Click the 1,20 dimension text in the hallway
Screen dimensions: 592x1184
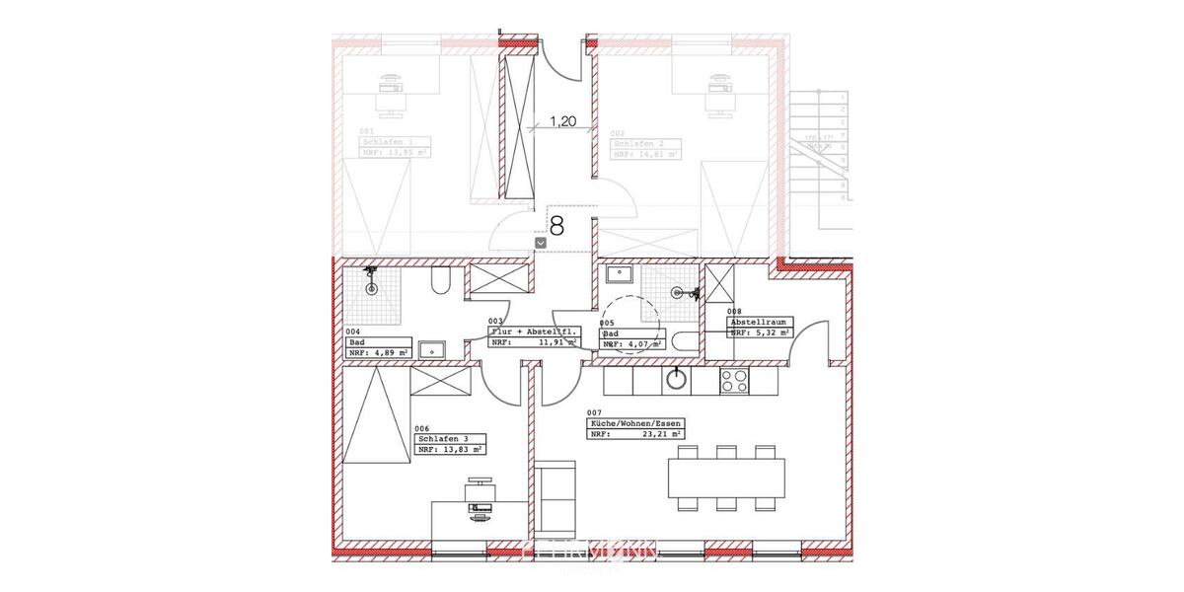tap(562, 123)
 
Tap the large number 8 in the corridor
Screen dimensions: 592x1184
tap(556, 227)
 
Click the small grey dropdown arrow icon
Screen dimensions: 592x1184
tap(540, 242)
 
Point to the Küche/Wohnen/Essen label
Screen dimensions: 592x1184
tap(635, 423)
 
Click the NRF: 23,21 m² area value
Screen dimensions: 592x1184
tap(635, 434)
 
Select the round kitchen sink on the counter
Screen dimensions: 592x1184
tap(678, 378)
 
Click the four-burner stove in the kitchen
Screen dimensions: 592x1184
tap(735, 380)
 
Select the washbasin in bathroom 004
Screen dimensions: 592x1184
tap(432, 348)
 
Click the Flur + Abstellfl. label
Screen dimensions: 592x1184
tap(534, 333)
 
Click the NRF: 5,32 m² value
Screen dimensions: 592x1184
tap(760, 333)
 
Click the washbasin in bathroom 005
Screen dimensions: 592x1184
tap(621, 272)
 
